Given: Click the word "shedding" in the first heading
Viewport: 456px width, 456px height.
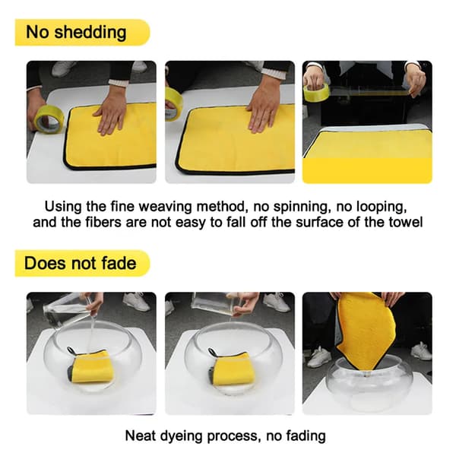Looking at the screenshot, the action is click(x=90, y=32).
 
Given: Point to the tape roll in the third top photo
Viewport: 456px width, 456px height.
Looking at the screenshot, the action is click(x=317, y=92).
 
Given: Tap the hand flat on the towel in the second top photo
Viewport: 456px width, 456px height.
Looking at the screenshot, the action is click(x=261, y=109).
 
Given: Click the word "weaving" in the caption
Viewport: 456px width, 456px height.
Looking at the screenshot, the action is click(x=165, y=207).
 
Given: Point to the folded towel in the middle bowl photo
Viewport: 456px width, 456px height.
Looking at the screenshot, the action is click(x=230, y=367).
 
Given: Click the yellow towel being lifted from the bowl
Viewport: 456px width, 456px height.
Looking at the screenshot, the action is click(x=366, y=331).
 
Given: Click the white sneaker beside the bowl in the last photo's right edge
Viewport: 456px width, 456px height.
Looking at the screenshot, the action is click(x=421, y=351).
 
